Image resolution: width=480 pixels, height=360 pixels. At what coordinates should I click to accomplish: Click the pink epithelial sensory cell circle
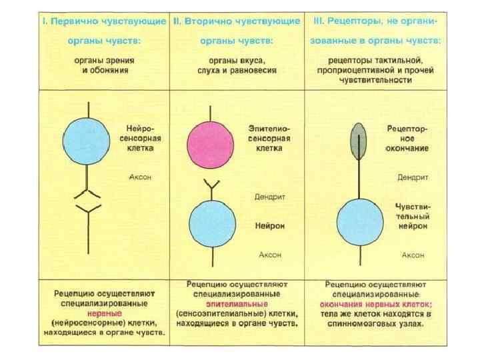[x=211, y=144]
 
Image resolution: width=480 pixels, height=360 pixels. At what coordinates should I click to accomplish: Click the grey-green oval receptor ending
[x=359, y=141]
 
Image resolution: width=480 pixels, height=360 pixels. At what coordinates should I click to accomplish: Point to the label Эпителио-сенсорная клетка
[x=269, y=138]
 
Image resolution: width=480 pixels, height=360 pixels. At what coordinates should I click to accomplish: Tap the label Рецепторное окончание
[x=407, y=138]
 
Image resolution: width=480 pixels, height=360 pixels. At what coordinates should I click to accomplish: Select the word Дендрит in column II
[x=269, y=197]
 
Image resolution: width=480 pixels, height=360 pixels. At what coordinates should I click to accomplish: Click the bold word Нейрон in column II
[x=270, y=226]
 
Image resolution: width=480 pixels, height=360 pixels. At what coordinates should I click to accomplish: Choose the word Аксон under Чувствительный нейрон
[x=413, y=255]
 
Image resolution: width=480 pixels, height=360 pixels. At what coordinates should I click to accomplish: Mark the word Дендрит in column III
[x=413, y=177]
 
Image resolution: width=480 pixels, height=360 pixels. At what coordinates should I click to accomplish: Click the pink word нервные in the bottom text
[x=105, y=311]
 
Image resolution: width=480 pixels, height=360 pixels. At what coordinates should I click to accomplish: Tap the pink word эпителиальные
[x=237, y=303]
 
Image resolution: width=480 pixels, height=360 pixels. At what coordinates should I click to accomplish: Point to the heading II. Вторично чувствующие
[x=237, y=21]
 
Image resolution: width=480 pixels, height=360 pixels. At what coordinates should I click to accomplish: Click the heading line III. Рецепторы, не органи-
[x=375, y=21]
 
